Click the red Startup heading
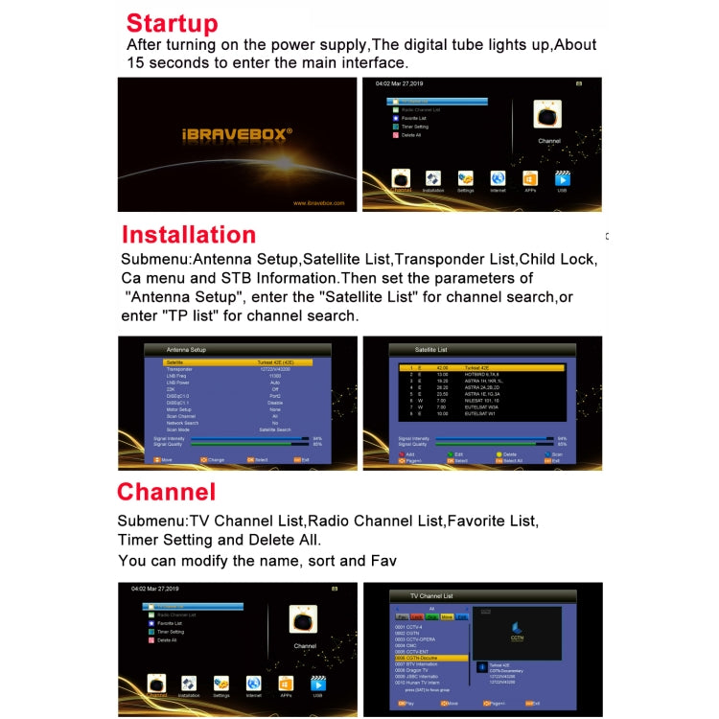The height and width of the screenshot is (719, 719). [x=172, y=23]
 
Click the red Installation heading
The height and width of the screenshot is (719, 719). [x=188, y=235]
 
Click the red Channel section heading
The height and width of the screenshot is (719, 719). [x=166, y=492]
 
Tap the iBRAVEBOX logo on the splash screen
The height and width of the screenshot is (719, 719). [x=237, y=134]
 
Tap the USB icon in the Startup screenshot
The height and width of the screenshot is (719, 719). [x=563, y=180]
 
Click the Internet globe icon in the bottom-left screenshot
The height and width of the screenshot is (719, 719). [x=254, y=684]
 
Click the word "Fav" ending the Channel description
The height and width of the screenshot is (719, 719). [x=383, y=561]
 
